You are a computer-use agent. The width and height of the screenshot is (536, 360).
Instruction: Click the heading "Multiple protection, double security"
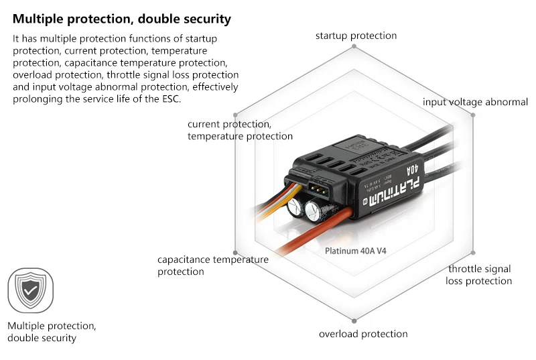coord(121,19)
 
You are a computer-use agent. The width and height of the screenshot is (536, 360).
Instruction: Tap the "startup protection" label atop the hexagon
coord(356,36)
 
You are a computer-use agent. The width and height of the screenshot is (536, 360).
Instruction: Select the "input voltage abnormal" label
coord(475,102)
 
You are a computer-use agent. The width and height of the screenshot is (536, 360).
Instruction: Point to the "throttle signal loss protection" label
coord(478,275)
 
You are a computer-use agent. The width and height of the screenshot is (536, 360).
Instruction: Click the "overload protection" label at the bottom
coord(362,334)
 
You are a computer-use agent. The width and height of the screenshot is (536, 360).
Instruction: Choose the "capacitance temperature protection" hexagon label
coord(212,265)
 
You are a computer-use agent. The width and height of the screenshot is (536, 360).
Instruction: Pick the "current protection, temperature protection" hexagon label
coord(239,130)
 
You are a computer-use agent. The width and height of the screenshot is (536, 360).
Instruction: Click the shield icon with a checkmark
coord(30,290)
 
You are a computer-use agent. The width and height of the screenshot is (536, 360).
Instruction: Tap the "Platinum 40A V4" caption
coord(355,251)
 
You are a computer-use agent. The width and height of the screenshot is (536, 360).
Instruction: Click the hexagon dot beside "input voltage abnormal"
coord(473,115)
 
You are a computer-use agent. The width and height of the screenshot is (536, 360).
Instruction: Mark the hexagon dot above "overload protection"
coord(354,318)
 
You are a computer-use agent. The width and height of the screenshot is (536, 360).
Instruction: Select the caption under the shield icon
coord(52,332)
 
